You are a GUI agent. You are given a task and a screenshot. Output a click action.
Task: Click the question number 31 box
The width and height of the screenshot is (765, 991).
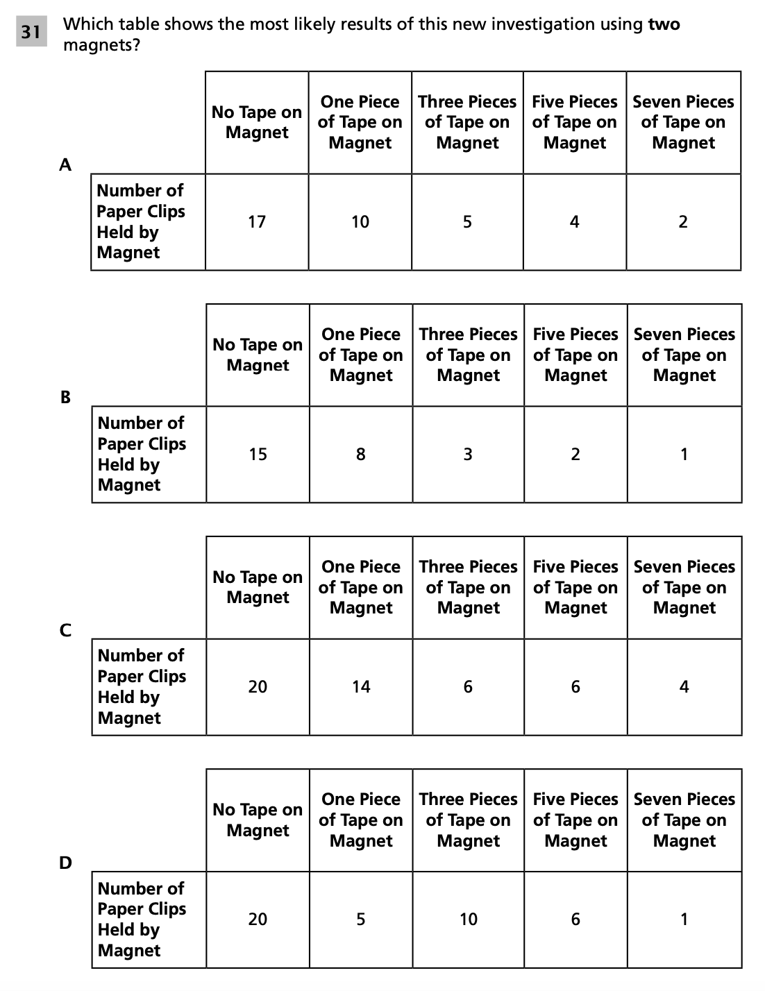coord(31,32)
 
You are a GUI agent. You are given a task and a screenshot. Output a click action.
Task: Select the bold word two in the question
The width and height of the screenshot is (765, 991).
coord(664,24)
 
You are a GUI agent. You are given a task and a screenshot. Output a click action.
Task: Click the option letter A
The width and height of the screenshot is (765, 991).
coord(65,164)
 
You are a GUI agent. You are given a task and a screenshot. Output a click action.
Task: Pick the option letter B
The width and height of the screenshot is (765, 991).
coord(65,397)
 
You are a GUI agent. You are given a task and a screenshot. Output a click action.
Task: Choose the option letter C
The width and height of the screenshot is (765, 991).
coord(65,629)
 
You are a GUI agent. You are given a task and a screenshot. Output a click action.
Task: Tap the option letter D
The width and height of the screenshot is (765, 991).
coord(65,863)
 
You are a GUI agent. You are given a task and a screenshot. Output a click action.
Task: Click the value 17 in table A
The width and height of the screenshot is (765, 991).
coord(257,222)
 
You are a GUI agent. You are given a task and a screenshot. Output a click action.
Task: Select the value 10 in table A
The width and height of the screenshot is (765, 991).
coord(360,222)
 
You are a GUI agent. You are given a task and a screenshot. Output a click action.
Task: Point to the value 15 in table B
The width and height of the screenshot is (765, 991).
coord(258,455)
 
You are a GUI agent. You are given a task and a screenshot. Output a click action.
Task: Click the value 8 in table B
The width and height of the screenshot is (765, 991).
coord(361,455)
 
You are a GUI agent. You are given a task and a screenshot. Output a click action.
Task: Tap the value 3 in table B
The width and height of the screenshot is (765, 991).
coord(468,455)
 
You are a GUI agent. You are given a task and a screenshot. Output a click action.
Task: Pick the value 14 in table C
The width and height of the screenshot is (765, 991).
coord(361,687)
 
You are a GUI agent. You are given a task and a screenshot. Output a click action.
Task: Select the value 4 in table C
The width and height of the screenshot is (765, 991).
coord(684,687)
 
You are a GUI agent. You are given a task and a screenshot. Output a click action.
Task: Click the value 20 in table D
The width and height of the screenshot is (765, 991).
coord(258,920)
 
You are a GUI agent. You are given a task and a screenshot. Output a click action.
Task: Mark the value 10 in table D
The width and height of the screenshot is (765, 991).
coord(469,920)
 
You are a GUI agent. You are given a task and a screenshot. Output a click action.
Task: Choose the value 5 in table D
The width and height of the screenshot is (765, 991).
coord(361,920)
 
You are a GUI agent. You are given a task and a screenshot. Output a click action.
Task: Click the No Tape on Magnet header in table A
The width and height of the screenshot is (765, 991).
coord(257,122)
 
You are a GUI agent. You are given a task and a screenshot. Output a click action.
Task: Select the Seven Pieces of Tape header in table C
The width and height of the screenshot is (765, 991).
coord(684,587)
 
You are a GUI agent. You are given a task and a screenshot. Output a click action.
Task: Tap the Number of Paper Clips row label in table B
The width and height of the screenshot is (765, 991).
coord(142,454)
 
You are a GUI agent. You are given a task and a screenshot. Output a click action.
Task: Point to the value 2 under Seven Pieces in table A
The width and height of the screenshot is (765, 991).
coord(683,222)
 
